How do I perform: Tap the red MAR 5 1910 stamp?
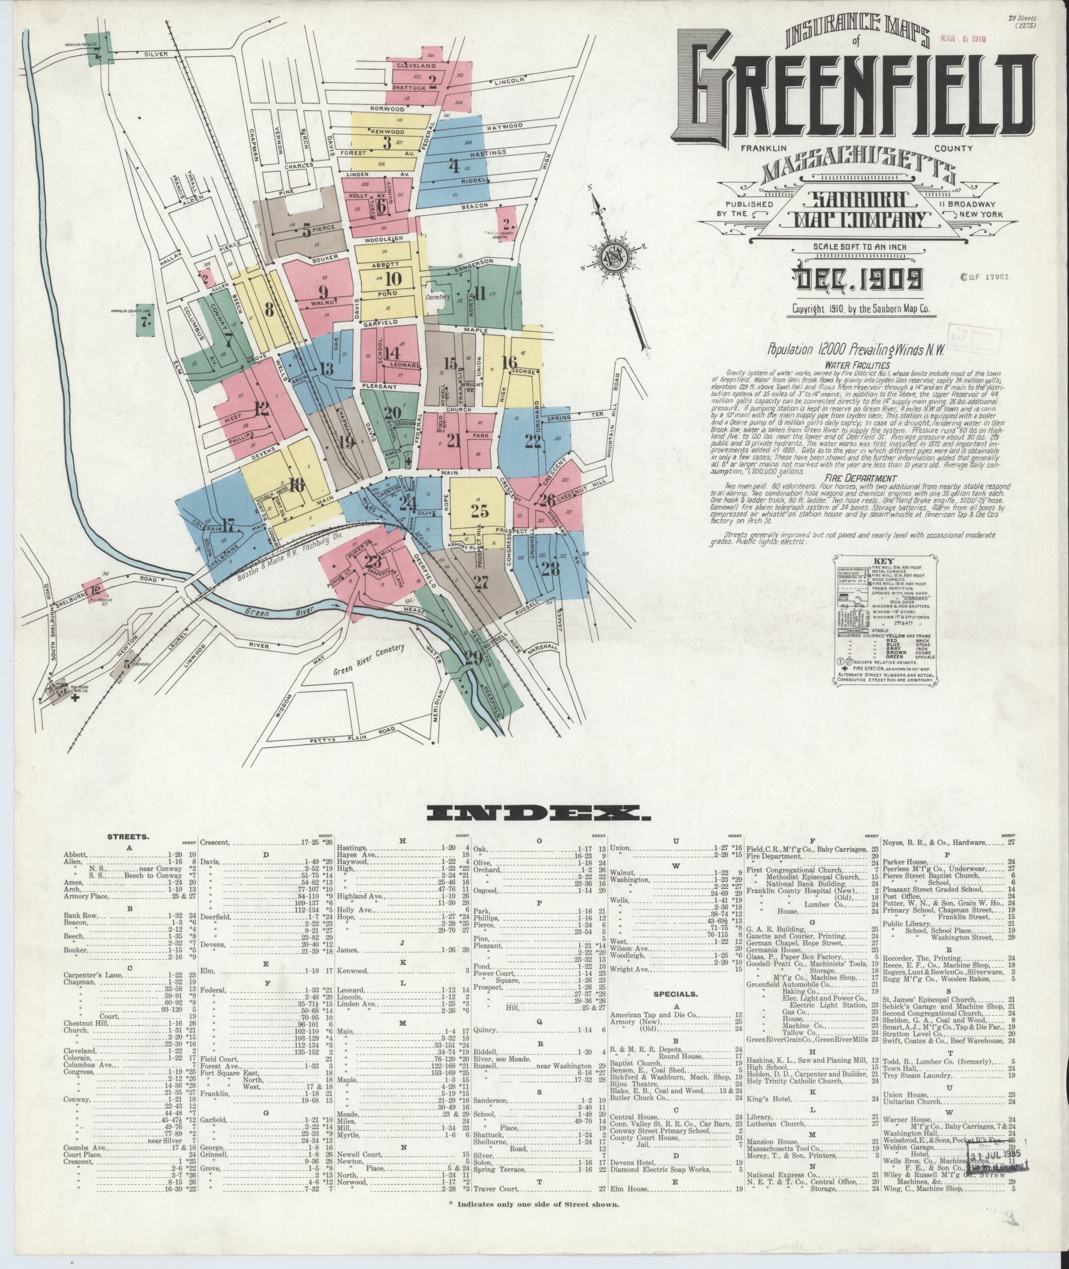[963, 38]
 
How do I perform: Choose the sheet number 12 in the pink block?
[261, 408]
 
